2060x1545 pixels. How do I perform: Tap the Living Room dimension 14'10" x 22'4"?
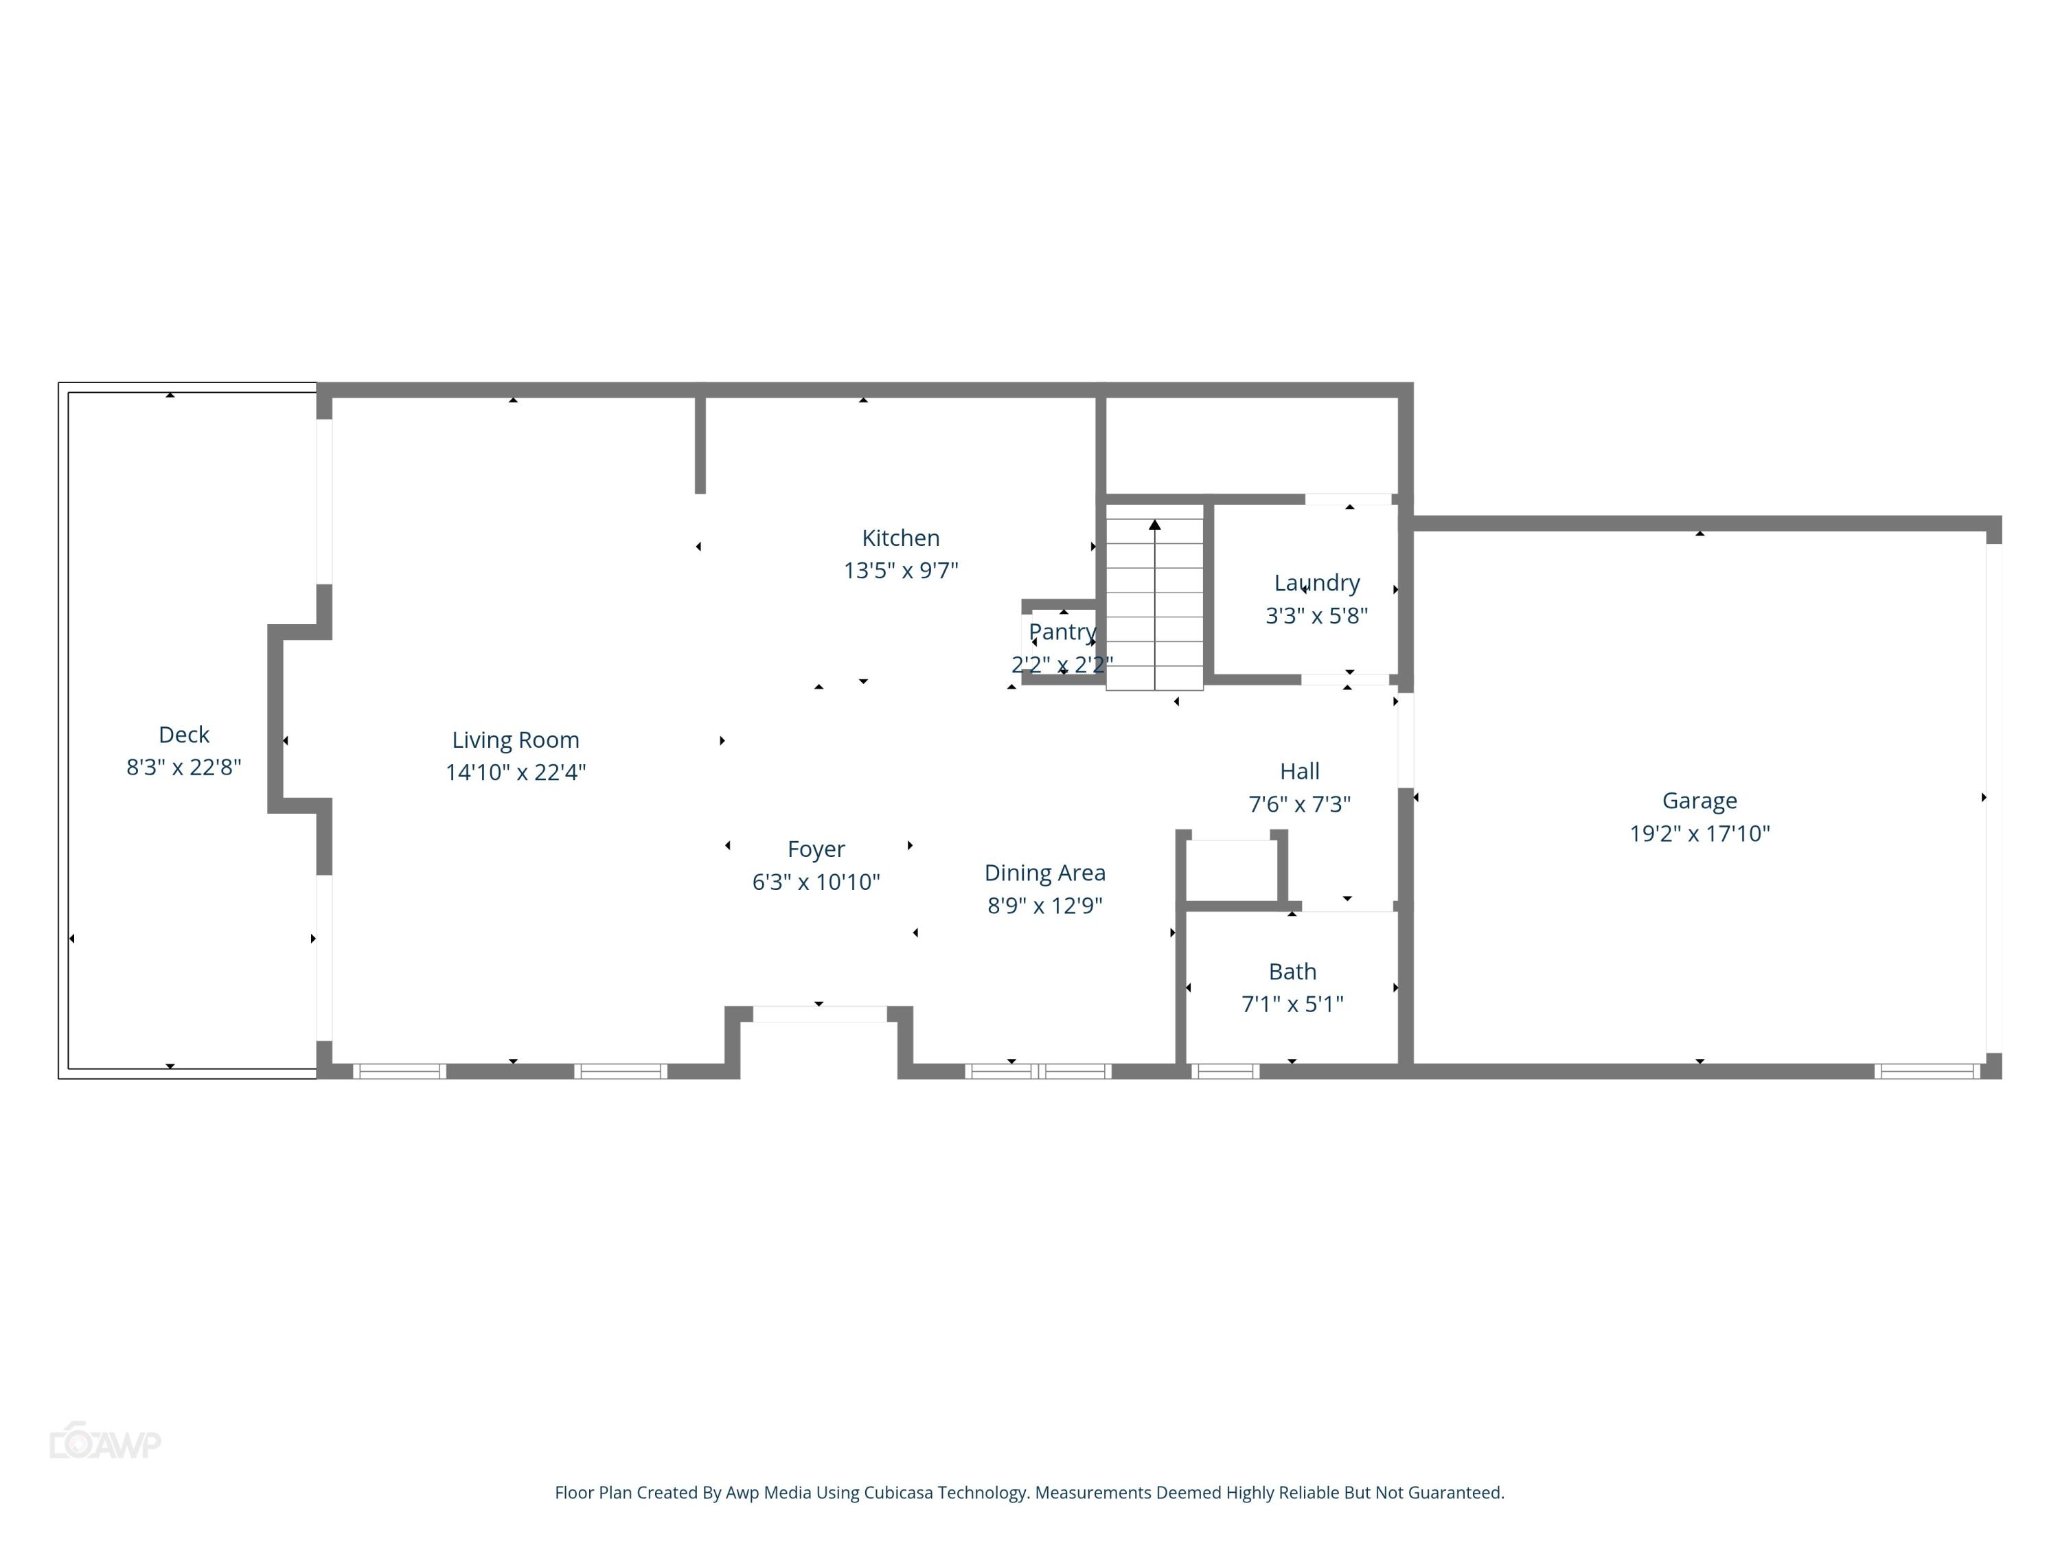(x=515, y=772)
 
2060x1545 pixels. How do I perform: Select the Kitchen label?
(x=900, y=538)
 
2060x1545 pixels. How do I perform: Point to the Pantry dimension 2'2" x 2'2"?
(x=1062, y=664)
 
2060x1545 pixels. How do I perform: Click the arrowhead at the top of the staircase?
(x=1155, y=525)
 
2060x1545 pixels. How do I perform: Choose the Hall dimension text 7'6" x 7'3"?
(x=1299, y=803)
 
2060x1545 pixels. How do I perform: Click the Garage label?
(x=1699, y=801)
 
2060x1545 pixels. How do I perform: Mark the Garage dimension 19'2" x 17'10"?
(x=1699, y=834)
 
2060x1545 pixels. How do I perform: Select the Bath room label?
(x=1292, y=972)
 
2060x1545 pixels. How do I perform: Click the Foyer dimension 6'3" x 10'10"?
(x=816, y=882)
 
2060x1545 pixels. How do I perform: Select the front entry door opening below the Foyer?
(x=819, y=1014)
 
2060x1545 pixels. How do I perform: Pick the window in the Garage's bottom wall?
(x=1927, y=1071)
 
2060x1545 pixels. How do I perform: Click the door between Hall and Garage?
(x=1406, y=740)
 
